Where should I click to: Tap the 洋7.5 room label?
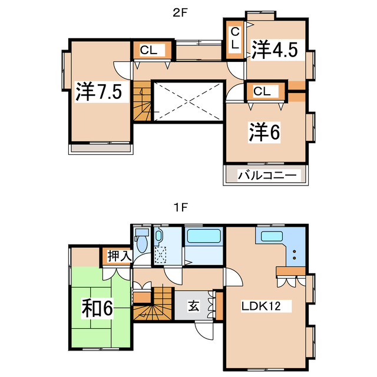point(98,92)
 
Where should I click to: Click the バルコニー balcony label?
point(265,176)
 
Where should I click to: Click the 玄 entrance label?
point(193,306)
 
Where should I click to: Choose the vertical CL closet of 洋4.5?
point(235,38)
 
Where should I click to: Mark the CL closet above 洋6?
point(263,91)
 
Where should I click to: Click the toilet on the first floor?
point(142,243)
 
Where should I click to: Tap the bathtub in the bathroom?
point(203,238)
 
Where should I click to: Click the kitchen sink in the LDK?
point(271,237)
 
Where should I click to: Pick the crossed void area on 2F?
point(187,101)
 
